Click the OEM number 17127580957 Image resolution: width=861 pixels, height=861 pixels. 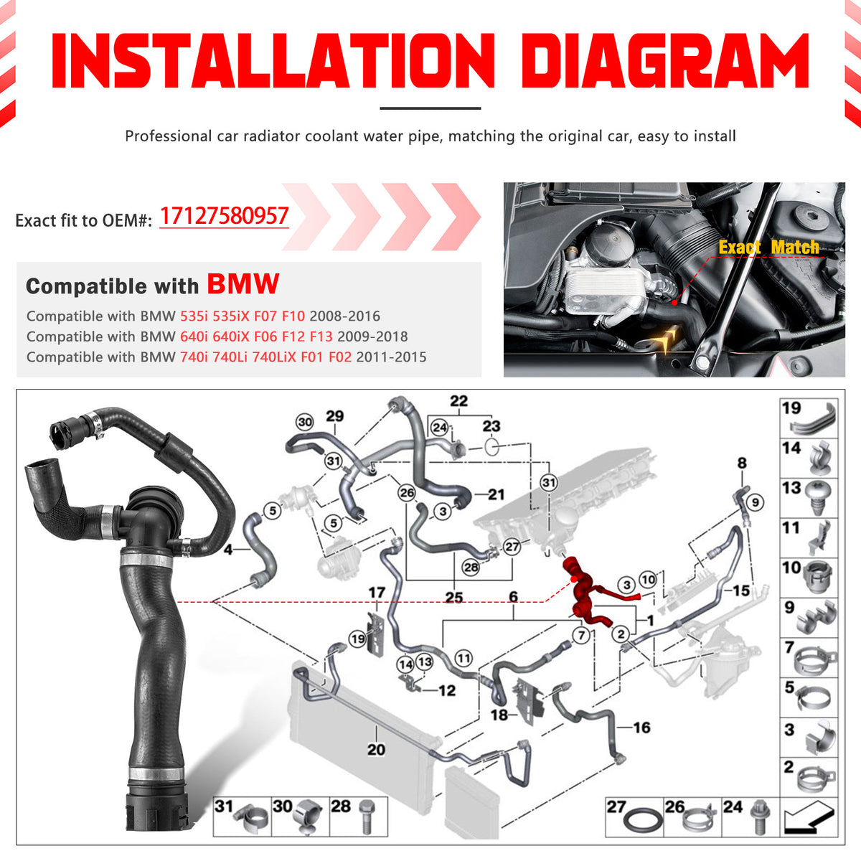pyautogui.click(x=224, y=216)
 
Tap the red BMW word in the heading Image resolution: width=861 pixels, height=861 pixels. pyautogui.click(x=243, y=284)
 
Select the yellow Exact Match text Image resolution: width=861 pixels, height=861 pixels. pyautogui.click(x=768, y=248)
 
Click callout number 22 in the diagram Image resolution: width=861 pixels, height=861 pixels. pyautogui.click(x=458, y=401)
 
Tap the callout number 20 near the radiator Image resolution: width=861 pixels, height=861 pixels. pyautogui.click(x=376, y=749)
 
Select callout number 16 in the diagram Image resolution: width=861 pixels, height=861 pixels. pyautogui.click(x=641, y=728)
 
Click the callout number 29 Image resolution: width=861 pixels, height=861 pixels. pyautogui.click(x=334, y=416)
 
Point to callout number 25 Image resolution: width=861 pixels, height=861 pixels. pyautogui.click(x=453, y=597)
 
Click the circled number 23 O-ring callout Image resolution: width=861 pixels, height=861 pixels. pyautogui.click(x=491, y=426)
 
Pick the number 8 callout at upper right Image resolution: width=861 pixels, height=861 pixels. pyautogui.click(x=742, y=464)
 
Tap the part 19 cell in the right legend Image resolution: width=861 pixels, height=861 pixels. pyautogui.click(x=809, y=419)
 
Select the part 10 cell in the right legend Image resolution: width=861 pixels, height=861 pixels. pyautogui.click(x=809, y=578)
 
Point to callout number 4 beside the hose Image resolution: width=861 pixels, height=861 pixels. pyautogui.click(x=228, y=550)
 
